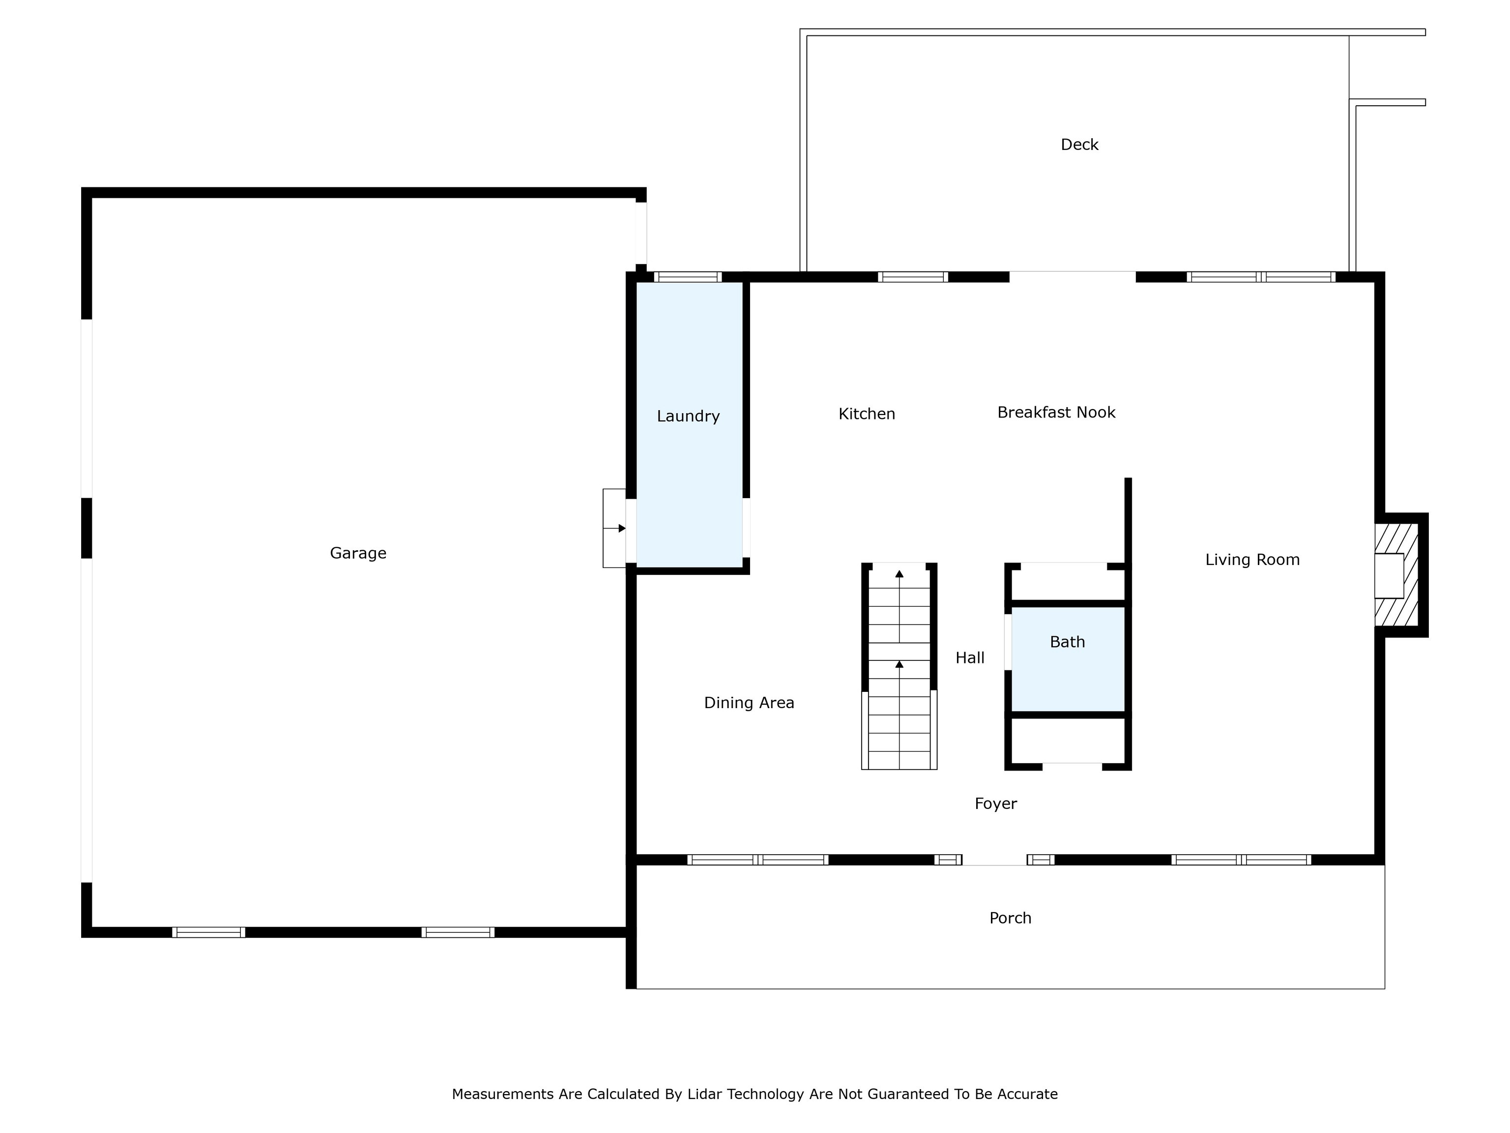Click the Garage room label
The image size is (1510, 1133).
pyautogui.click(x=358, y=553)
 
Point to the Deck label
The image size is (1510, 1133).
pyautogui.click(x=1079, y=145)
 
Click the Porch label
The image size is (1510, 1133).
pyautogui.click(x=1010, y=918)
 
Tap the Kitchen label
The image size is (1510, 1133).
pyautogui.click(x=866, y=414)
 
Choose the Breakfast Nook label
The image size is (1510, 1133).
pyautogui.click(x=1056, y=413)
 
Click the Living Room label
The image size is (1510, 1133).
pyautogui.click(x=1252, y=560)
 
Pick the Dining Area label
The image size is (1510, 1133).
pyautogui.click(x=749, y=703)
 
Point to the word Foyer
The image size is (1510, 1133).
pyautogui.click(x=995, y=804)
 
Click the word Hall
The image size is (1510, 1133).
pyautogui.click(x=969, y=657)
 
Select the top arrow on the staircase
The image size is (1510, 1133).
pyautogui.click(x=899, y=574)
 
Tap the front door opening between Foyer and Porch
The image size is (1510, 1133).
pyautogui.click(x=994, y=860)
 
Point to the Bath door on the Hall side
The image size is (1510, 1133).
pyautogui.click(x=1008, y=642)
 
